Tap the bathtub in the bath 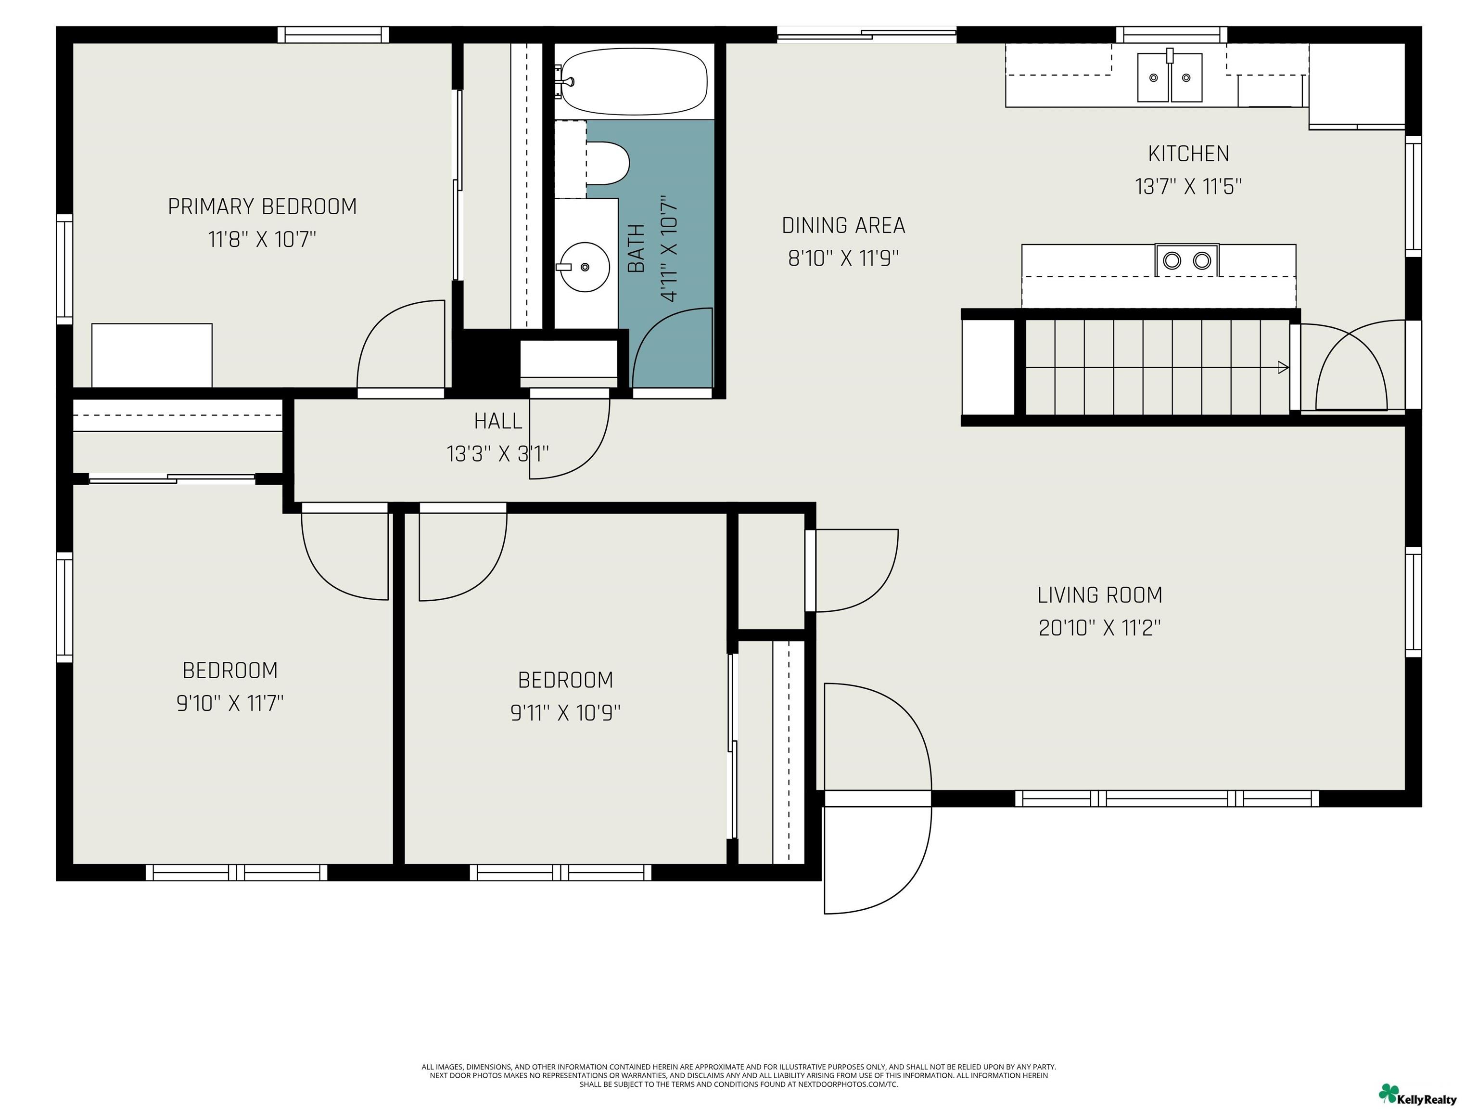pyautogui.click(x=634, y=84)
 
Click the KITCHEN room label pyautogui.click(x=1188, y=154)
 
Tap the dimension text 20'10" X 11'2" pyautogui.click(x=1099, y=628)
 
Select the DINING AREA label pyautogui.click(x=843, y=225)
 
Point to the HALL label pyautogui.click(x=498, y=421)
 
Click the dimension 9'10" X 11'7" pyautogui.click(x=230, y=703)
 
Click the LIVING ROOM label pyautogui.click(x=1100, y=595)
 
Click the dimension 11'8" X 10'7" pyautogui.click(x=262, y=239)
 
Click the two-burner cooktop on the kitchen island pyautogui.click(x=1186, y=260)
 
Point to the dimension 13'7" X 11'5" pyautogui.click(x=1188, y=186)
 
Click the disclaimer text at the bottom pyautogui.click(x=739, y=1076)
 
